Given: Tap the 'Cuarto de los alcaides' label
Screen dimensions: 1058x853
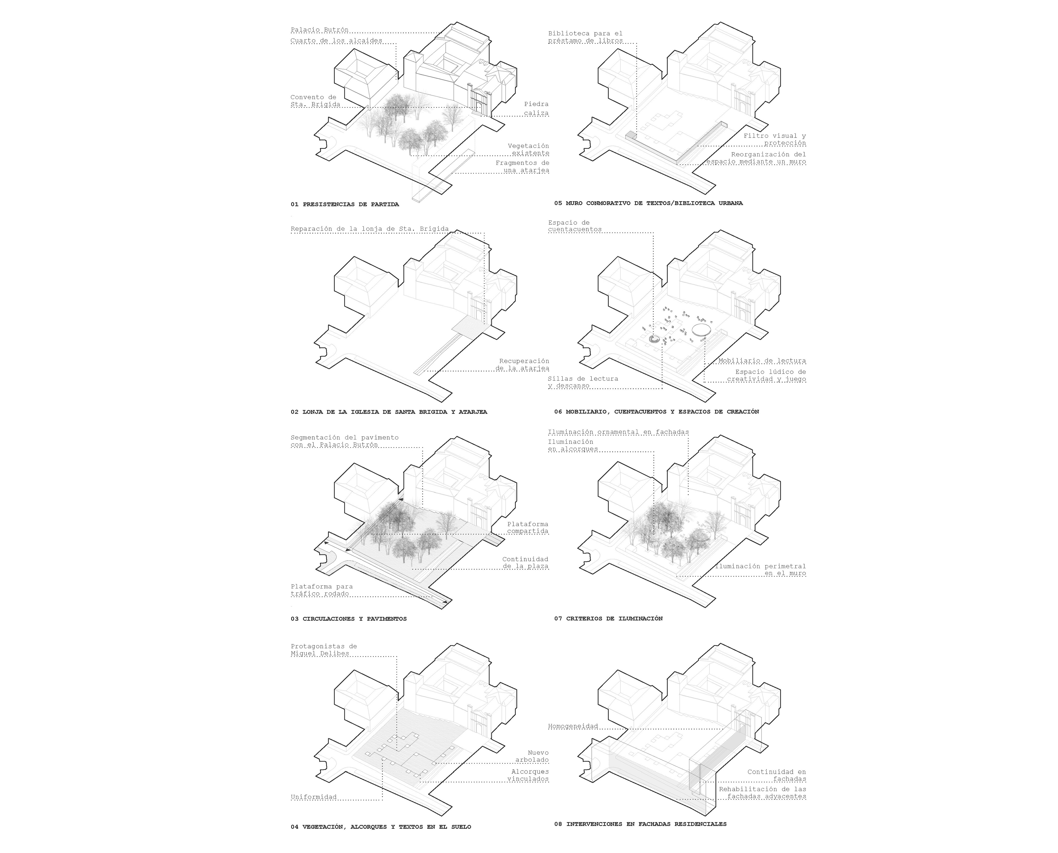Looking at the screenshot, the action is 336,41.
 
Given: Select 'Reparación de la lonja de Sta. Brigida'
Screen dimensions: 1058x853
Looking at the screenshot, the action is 370,229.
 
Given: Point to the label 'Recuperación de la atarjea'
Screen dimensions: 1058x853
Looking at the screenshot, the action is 522,365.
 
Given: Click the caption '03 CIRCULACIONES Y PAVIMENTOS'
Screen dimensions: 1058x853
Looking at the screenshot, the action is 348,619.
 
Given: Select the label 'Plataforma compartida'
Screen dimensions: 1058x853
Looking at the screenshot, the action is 528,528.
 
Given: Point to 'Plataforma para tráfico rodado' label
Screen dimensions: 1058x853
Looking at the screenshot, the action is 321,590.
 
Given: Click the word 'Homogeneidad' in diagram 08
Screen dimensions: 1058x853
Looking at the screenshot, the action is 573,726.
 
